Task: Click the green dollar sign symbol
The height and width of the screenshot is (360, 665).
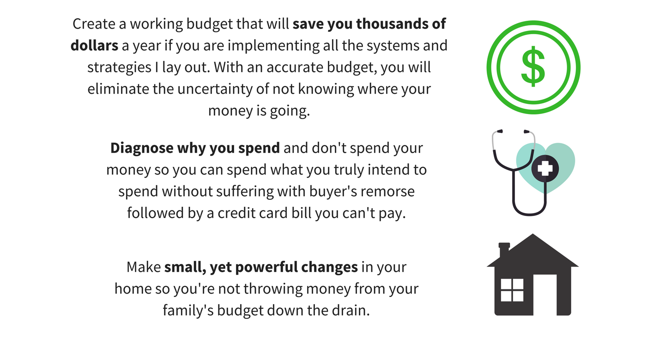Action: click(x=533, y=66)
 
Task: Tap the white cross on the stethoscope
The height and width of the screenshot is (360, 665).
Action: click(x=545, y=168)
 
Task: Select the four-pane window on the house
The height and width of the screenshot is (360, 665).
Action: click(x=512, y=290)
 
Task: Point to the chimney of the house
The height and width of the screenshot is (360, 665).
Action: click(x=504, y=250)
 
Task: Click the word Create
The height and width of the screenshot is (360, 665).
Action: click(x=94, y=24)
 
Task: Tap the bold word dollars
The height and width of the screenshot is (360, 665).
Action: click(x=94, y=45)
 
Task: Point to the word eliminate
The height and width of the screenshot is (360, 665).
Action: click(x=118, y=89)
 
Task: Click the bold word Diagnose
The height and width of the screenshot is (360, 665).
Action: click(x=142, y=148)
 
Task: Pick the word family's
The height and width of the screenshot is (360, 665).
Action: click(x=188, y=311)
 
